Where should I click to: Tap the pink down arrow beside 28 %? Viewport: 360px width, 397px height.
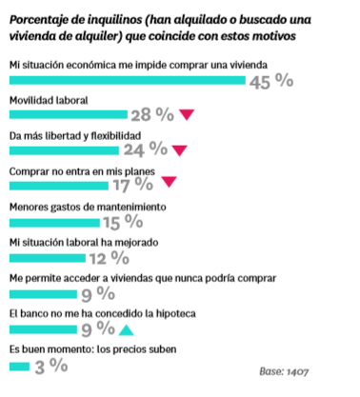[x=188, y=114]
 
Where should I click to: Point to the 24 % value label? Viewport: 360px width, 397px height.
[x=146, y=149]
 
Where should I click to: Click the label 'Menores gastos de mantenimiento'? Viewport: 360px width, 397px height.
[x=88, y=207]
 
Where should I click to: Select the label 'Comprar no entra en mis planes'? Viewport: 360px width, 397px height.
[x=83, y=170]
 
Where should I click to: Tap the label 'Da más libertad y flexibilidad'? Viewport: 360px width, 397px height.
[x=75, y=135]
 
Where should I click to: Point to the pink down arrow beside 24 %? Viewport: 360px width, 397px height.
[x=178, y=149]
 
